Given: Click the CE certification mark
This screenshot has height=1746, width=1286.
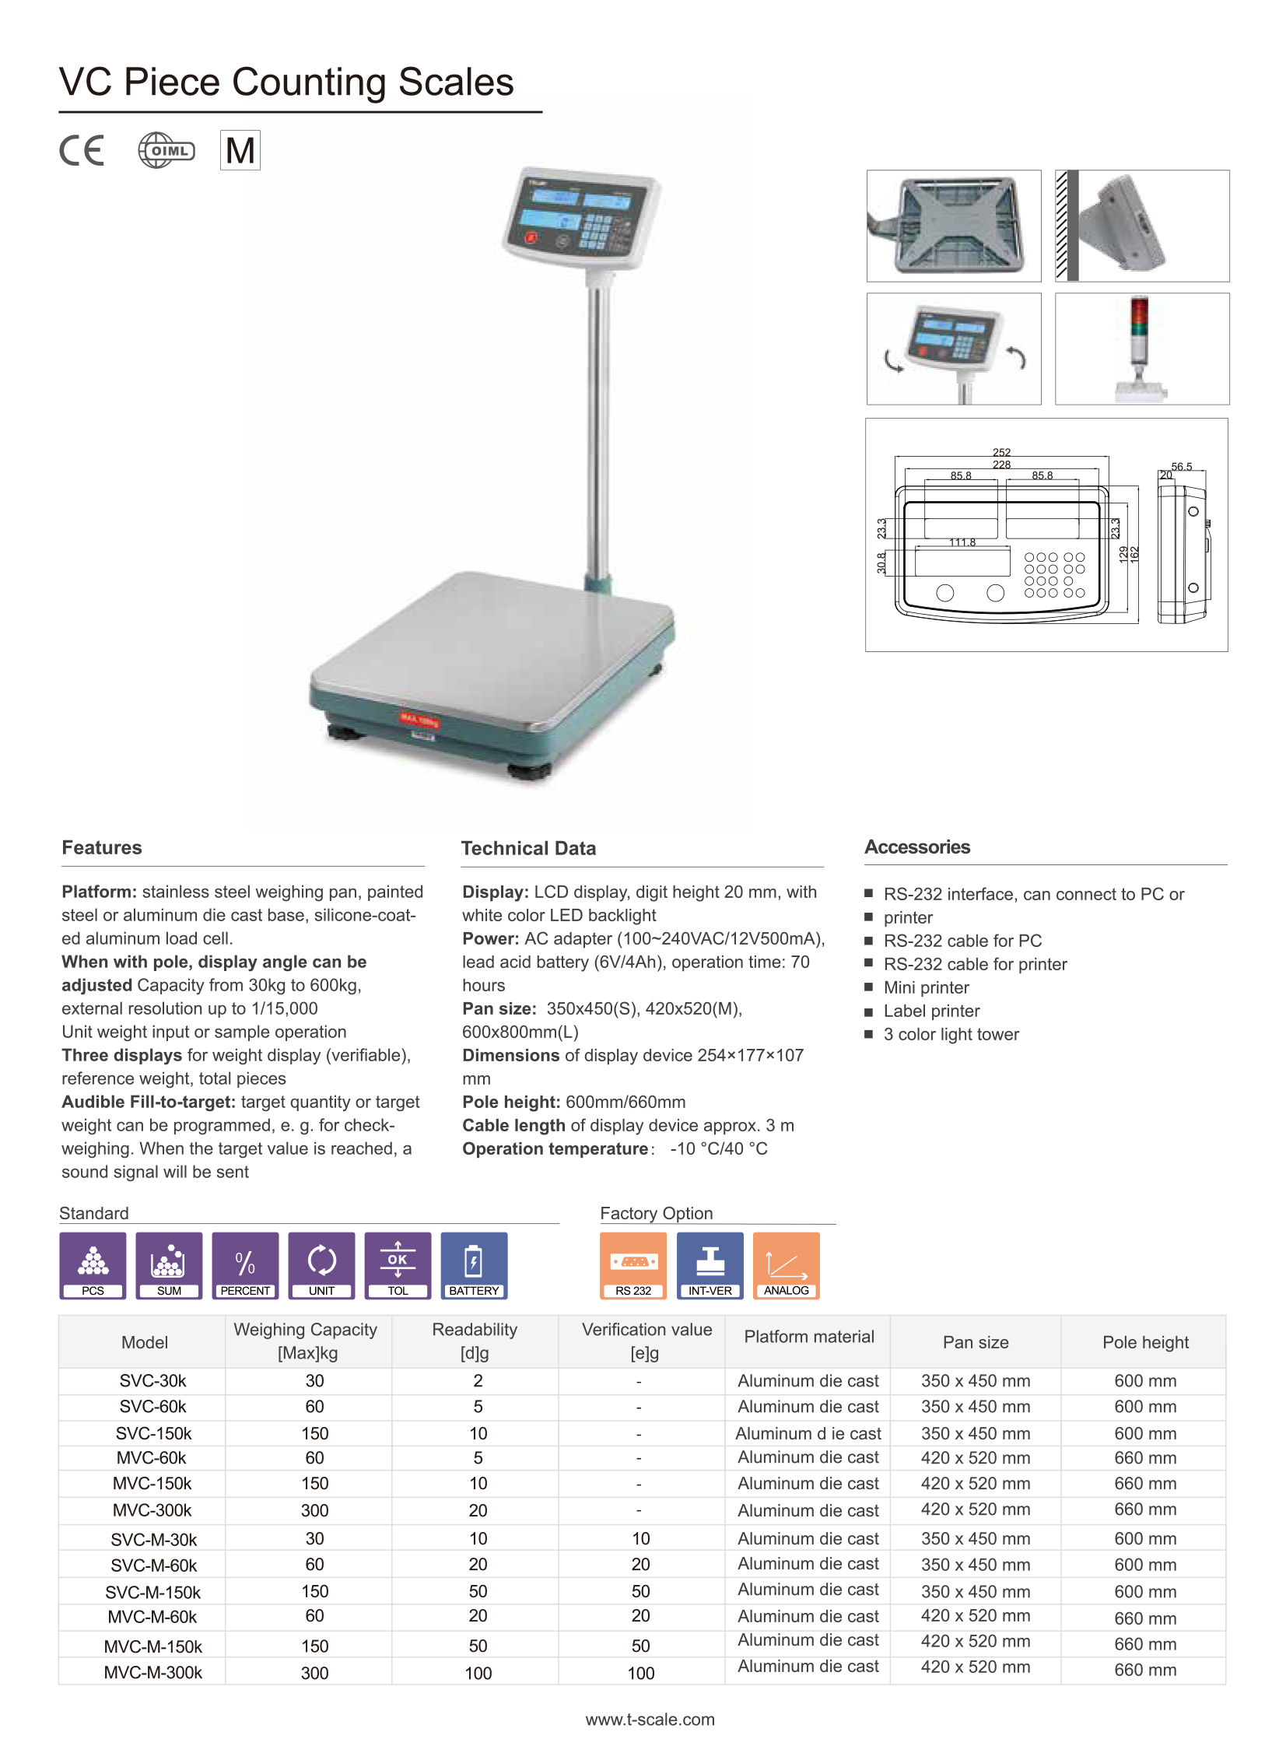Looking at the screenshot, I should point(82,150).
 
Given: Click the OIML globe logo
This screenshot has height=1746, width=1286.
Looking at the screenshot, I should point(166,150).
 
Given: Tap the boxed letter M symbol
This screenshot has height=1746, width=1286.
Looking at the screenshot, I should point(240,150).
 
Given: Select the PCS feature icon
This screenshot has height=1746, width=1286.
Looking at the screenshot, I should point(93,1264).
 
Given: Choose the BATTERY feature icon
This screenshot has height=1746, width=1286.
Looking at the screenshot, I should point(473,1264).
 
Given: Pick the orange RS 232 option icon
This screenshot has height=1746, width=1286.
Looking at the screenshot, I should point(632,1264).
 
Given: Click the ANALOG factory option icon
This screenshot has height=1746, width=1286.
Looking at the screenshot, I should point(786,1264).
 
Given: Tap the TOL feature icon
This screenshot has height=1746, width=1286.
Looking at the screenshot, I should point(398,1264).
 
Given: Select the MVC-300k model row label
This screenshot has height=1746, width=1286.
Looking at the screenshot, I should point(152,1509).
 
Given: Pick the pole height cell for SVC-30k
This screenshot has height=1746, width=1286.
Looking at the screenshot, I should point(1144,1380).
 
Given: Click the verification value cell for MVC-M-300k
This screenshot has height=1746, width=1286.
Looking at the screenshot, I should point(639,1672).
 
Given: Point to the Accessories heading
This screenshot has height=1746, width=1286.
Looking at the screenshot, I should point(917,847).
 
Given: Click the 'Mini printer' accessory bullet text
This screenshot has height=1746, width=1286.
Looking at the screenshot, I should point(926,987).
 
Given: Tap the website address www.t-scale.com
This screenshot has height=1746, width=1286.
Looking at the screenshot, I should point(650,1719).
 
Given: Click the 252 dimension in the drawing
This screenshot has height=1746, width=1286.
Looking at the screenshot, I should point(1001,452).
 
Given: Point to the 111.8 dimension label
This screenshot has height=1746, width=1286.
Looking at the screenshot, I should point(962,542).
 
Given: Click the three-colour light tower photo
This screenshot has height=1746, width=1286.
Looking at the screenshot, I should point(1141,349).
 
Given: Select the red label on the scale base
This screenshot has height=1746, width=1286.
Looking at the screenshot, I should point(419,719).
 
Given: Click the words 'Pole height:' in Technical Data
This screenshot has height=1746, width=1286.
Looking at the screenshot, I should point(510,1102).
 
